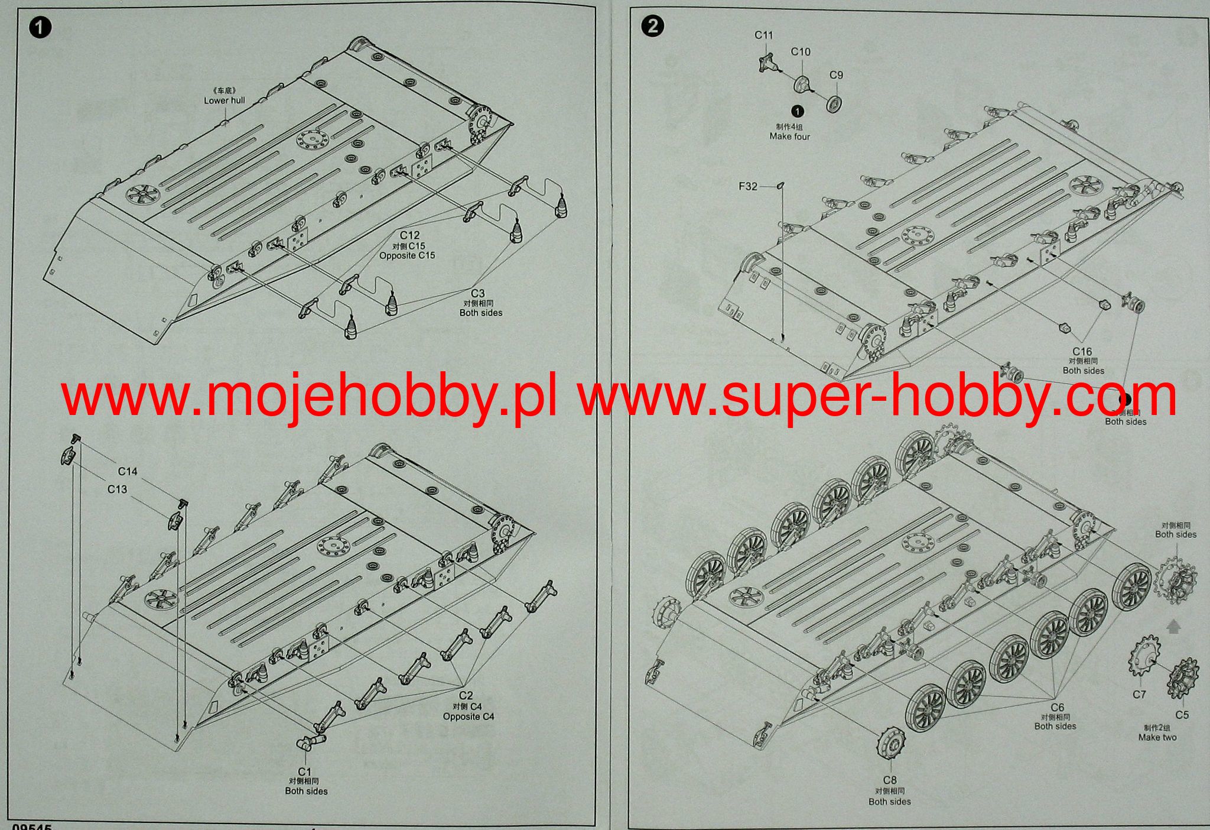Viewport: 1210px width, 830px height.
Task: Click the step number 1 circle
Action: click(40, 28)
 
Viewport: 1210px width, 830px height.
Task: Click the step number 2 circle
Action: click(652, 26)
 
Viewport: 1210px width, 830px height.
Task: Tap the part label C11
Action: click(763, 35)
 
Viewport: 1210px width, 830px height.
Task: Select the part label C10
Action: click(801, 52)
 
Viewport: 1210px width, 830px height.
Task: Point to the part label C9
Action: click(836, 75)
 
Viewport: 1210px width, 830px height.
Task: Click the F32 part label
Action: click(747, 186)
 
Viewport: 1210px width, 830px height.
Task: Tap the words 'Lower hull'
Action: click(225, 100)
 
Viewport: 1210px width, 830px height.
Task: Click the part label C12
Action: click(409, 235)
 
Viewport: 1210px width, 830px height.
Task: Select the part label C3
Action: click(477, 293)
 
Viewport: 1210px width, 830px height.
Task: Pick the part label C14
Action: click(128, 471)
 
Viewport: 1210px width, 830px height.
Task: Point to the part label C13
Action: click(117, 489)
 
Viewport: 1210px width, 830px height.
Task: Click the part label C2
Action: click(466, 696)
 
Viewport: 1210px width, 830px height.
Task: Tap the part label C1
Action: click(304, 771)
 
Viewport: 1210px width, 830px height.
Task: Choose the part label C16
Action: click(1082, 351)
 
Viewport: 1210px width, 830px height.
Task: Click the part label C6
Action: click(1057, 707)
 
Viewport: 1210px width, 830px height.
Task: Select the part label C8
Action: click(890, 780)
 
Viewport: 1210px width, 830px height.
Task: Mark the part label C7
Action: click(1139, 695)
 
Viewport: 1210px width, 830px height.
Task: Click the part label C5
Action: click(1182, 715)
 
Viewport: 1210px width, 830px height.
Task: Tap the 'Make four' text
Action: click(789, 137)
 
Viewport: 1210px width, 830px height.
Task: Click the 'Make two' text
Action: click(1157, 737)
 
